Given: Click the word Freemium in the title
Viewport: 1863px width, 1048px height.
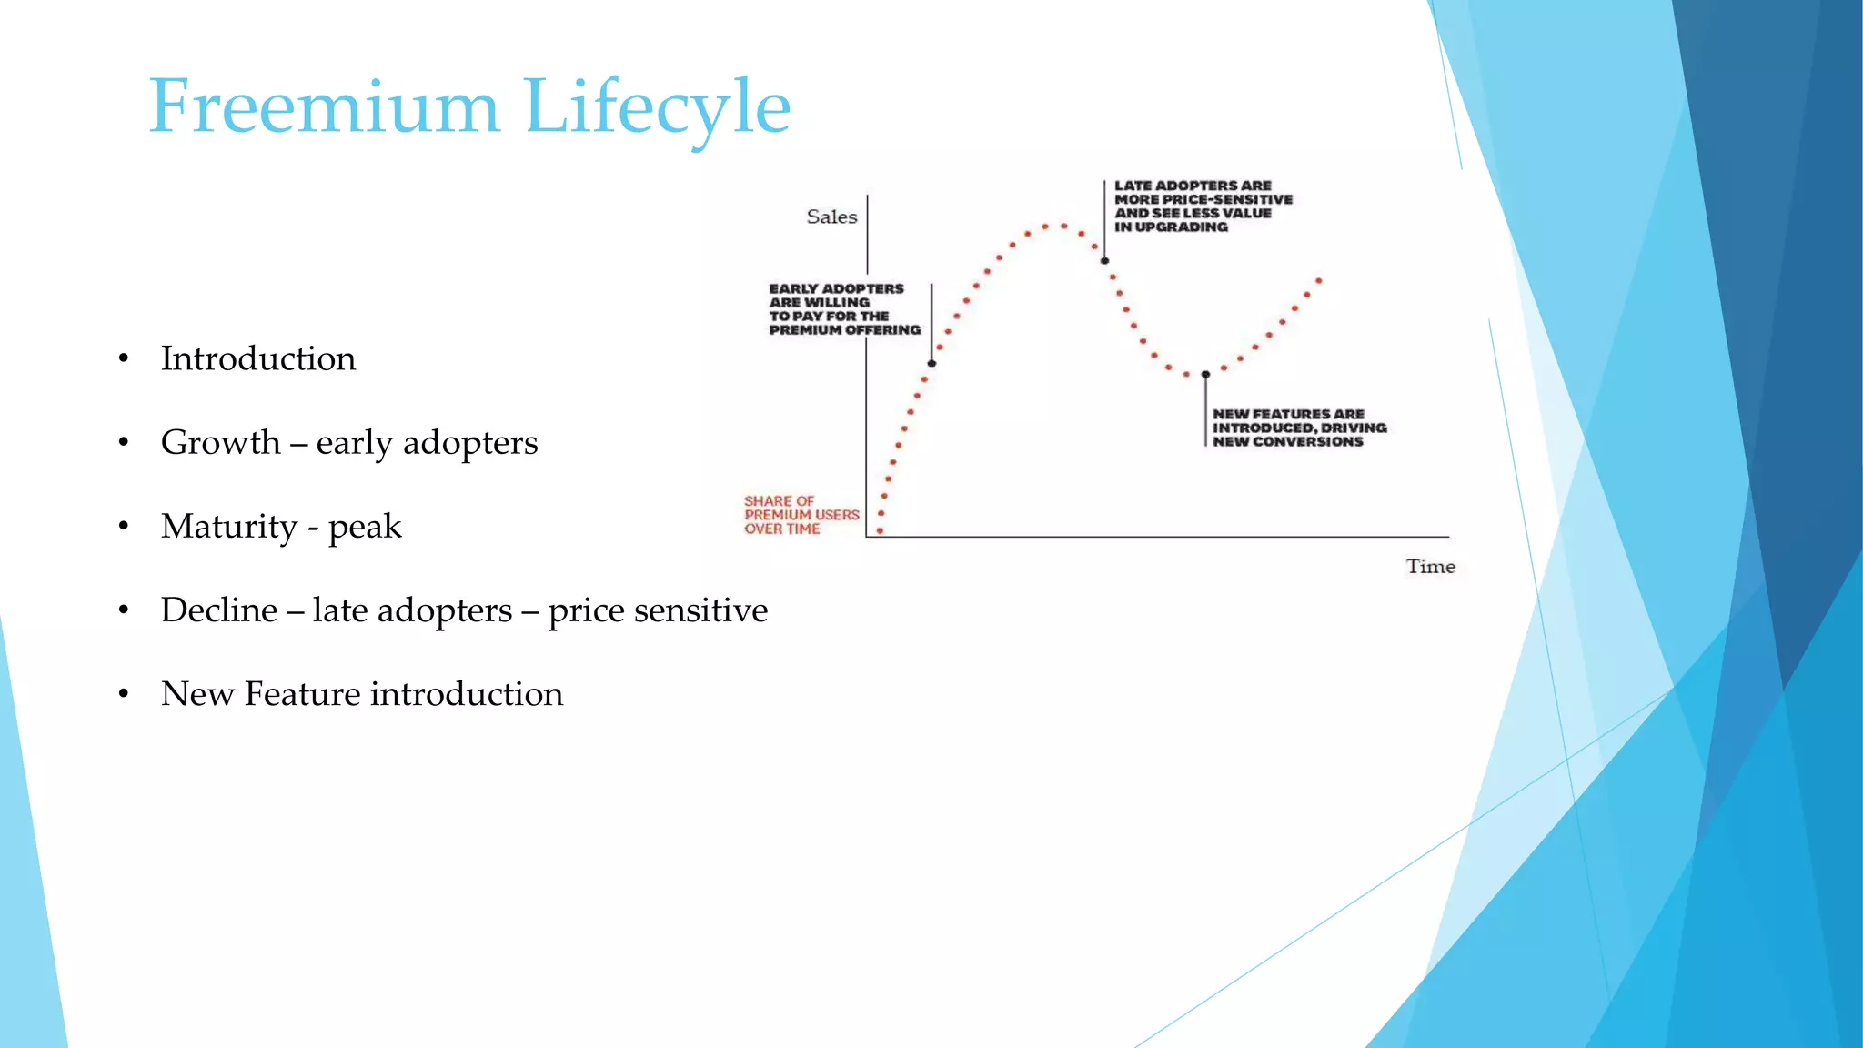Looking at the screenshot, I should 324,107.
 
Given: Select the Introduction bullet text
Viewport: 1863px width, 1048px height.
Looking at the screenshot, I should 258,358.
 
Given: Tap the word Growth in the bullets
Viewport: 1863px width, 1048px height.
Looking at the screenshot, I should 221,443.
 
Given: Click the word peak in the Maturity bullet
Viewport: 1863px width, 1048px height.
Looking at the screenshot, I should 365,528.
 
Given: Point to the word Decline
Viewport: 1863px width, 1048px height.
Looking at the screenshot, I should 219,610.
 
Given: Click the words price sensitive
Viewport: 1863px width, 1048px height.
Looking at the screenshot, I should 658,610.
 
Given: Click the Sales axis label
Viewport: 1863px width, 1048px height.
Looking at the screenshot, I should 831,217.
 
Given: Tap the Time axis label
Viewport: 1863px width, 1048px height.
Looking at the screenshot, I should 1430,567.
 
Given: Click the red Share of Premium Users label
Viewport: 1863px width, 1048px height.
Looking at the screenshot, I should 801,515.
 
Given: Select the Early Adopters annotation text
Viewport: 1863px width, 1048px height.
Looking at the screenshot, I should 843,309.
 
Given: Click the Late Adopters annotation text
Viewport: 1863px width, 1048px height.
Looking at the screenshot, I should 1202,207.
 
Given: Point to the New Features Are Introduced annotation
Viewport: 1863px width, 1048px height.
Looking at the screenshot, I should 1298,428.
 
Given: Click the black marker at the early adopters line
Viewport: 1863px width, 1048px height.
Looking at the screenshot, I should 931,364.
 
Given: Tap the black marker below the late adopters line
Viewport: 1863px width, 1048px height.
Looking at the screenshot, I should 1104,261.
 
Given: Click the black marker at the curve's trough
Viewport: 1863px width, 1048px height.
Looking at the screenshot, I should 1205,375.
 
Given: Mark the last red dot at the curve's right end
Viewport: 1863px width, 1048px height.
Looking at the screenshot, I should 1319,280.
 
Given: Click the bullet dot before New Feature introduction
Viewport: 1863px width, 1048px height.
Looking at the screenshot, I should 124,695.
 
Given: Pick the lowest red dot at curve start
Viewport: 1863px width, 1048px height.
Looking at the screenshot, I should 880,530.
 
